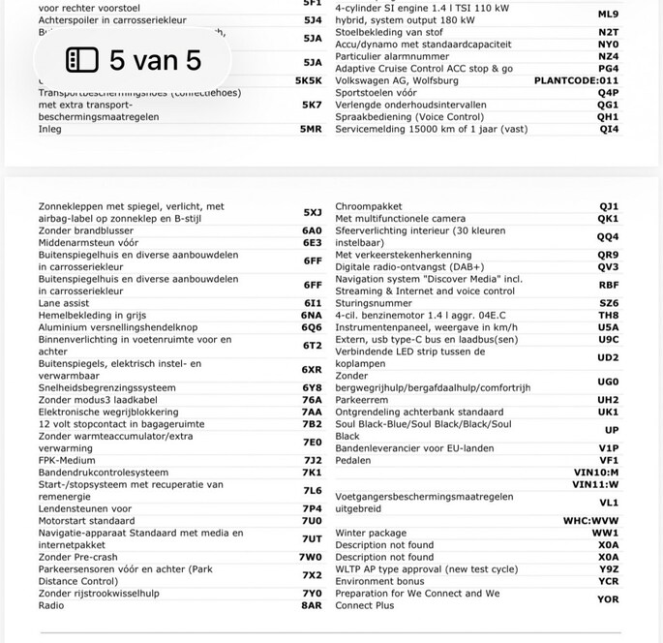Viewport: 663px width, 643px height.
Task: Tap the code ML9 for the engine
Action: pos(608,15)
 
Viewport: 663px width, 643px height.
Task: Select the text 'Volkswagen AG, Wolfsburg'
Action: pos(397,80)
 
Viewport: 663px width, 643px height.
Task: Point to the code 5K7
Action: pos(312,105)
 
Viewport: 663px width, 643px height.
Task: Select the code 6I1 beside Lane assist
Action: pos(312,302)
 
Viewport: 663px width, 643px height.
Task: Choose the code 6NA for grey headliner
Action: pos(312,315)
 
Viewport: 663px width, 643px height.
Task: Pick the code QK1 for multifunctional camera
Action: pos(608,219)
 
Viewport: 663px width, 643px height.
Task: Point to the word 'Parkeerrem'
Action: pos(361,399)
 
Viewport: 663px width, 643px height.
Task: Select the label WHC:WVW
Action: pos(590,520)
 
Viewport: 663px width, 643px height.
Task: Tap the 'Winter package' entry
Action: pos(371,533)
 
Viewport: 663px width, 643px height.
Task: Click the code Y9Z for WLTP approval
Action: pos(608,569)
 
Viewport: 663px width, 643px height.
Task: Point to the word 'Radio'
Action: pos(51,605)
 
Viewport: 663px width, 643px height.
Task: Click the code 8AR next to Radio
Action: pos(311,605)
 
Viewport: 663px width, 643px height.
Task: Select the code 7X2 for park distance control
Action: pos(312,575)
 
